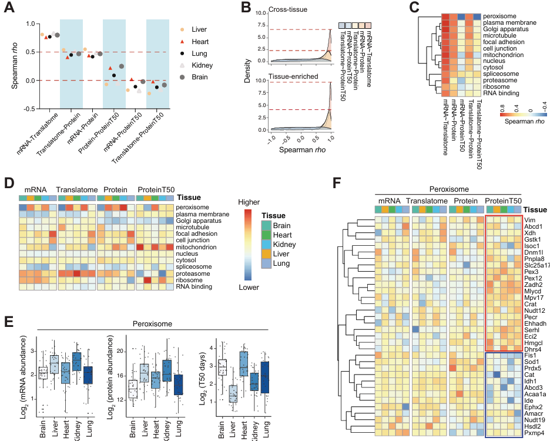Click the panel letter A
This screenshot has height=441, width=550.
coord(12,10)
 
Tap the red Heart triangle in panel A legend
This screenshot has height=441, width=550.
coord(182,41)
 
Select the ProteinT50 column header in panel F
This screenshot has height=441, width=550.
coord(504,202)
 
